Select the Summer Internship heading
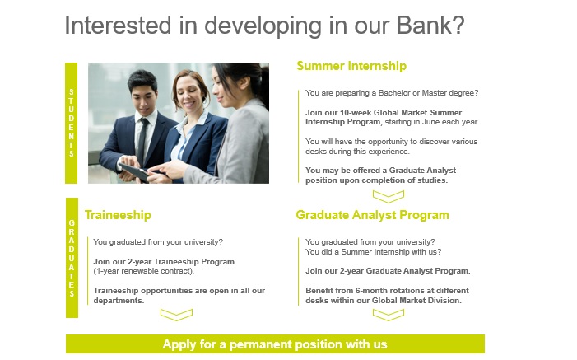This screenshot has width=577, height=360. pos(351,66)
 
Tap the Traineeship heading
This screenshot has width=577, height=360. pos(118,215)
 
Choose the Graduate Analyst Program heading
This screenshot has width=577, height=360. pos(372,215)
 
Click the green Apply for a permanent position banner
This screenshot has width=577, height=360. pos(275,344)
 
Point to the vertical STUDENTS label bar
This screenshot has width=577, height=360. pos(71,123)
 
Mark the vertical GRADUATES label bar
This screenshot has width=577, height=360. pos(72,258)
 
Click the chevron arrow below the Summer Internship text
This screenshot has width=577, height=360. pos(389,196)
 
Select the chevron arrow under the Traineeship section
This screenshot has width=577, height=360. pos(176,315)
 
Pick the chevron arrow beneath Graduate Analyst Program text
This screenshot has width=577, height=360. pos(389,315)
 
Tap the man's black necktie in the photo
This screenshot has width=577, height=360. pos(142,141)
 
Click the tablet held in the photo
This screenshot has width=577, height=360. pos(135,172)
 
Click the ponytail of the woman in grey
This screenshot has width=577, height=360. pos(264,86)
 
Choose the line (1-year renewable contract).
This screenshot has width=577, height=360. pos(143,271)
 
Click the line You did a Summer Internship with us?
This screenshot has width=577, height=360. pos(373,252)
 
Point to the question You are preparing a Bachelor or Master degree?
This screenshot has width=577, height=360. pos(392,93)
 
